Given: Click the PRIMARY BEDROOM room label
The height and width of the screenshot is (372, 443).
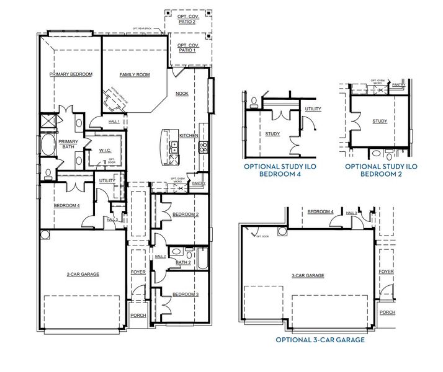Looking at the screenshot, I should tap(71, 74).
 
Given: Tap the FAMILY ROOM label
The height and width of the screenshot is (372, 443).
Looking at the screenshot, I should tap(135, 74).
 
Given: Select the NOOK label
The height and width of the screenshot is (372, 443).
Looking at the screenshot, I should tap(182, 94).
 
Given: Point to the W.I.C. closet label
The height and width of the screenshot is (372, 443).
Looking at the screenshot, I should tap(105, 149).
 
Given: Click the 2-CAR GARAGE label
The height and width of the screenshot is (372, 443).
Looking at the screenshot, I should tap(83, 273).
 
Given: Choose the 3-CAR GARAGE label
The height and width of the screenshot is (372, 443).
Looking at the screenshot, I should tap(308, 275).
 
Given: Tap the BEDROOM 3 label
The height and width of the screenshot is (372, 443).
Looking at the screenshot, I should tap(185, 294).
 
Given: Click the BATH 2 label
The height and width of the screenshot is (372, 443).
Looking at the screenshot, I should tap(183, 262).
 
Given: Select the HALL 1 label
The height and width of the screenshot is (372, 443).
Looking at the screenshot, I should tap(114, 122).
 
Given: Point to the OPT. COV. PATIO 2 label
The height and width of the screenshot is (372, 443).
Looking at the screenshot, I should tap(187, 19).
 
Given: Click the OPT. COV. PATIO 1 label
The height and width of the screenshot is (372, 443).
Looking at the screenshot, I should tap(187, 48).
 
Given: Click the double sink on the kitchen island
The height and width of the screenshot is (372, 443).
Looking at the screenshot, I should tap(176, 148).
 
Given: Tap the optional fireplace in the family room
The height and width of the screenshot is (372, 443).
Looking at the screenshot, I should tap(115, 97).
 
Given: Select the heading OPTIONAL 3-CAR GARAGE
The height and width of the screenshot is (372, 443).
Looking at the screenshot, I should tap(320, 340).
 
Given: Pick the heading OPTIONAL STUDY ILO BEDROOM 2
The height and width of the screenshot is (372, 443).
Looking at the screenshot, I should tap(380, 170).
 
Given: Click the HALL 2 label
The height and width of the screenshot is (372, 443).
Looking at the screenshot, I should tap(160, 256).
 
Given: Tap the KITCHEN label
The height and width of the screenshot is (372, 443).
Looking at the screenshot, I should tap(189, 135).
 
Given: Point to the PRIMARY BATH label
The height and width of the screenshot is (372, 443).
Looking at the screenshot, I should tap(68, 144).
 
